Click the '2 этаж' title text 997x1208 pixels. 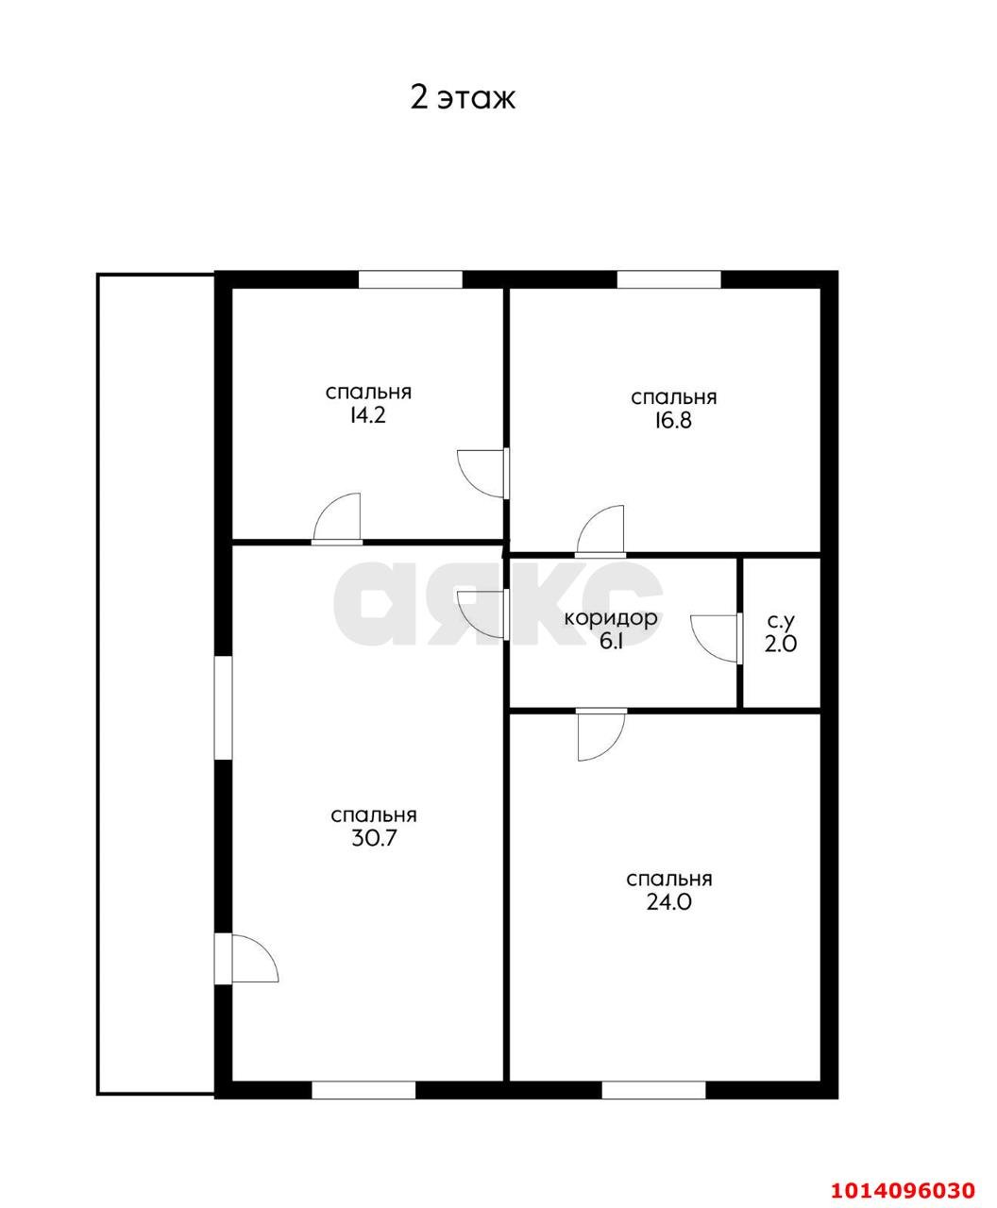point(462,98)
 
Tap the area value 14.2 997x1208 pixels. point(367,415)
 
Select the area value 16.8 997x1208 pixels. point(673,421)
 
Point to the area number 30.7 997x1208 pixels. point(374,838)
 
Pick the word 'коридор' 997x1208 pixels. point(610,618)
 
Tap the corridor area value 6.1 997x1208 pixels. point(611,642)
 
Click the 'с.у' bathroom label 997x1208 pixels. point(781,621)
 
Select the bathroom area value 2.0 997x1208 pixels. point(781,644)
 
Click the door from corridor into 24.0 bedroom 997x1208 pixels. point(602,733)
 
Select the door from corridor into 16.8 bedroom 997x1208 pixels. point(600,531)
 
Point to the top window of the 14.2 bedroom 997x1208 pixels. point(411,280)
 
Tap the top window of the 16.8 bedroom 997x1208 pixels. point(668,280)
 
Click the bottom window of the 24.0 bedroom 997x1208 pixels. point(653,1090)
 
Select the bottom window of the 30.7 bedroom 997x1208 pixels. point(363,1090)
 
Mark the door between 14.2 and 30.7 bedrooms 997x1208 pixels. point(337,519)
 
